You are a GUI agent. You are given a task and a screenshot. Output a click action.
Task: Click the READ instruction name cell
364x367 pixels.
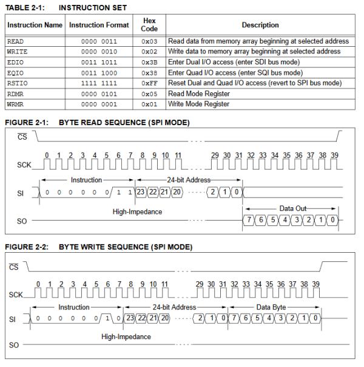(x=15, y=41)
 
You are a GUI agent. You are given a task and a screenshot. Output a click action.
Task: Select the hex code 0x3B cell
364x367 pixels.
(x=149, y=62)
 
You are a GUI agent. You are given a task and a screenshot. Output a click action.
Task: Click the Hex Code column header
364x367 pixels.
(x=149, y=25)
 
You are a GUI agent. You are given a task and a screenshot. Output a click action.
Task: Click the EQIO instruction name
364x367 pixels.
(x=16, y=72)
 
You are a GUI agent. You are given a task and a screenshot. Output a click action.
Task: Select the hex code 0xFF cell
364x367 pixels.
(x=149, y=83)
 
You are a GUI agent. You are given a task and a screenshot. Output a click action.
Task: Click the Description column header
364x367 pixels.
(x=260, y=25)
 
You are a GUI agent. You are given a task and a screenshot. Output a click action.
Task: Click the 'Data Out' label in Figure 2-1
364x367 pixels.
(x=293, y=208)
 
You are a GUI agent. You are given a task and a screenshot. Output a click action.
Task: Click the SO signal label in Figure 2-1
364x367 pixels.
(x=21, y=221)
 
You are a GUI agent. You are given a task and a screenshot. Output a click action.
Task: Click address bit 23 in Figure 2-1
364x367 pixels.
(x=141, y=192)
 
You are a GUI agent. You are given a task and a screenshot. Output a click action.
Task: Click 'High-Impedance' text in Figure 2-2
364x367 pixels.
(x=126, y=336)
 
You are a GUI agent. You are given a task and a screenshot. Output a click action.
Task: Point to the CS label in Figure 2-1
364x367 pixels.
(x=22, y=137)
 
